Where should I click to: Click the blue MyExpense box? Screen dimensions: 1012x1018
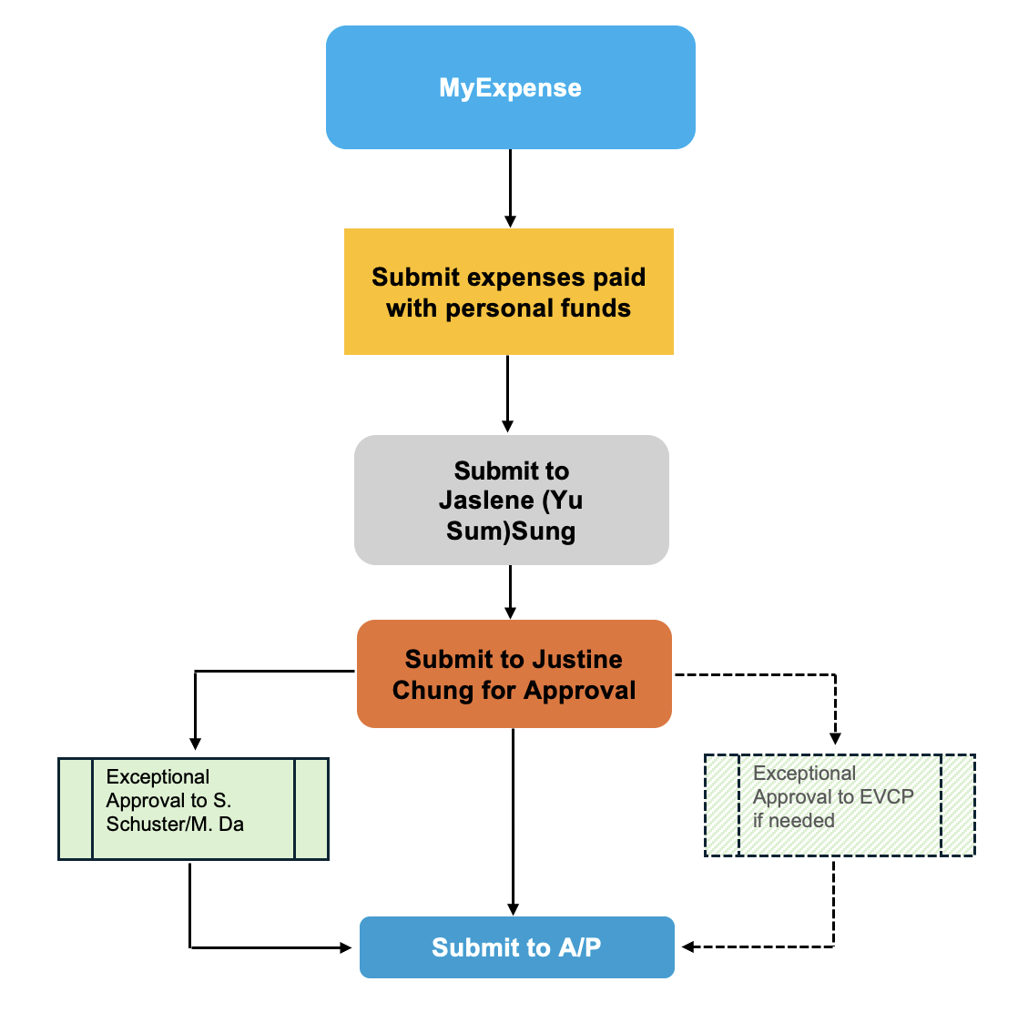pos(510,87)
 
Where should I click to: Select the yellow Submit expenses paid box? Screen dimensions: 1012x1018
pos(508,291)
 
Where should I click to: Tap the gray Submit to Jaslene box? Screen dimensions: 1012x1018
pos(511,500)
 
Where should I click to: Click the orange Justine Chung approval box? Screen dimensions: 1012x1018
pos(514,673)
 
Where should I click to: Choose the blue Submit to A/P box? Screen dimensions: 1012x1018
pos(516,947)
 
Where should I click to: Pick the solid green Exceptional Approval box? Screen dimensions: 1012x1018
pos(193,808)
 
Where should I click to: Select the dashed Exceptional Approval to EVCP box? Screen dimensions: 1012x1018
pos(839,805)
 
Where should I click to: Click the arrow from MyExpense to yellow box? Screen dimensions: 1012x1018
pos(510,187)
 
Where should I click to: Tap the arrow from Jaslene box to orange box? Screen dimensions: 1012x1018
pos(510,592)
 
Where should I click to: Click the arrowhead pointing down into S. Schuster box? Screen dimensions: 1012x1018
pos(194,742)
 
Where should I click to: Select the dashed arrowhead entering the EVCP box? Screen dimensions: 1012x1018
pos(835,738)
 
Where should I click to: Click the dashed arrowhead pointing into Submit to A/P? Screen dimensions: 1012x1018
pos(689,947)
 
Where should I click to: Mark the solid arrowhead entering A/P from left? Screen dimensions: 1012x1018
pos(345,947)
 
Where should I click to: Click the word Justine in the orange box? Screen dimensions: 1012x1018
pos(578,659)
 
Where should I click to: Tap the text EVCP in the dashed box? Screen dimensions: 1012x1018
pos(888,796)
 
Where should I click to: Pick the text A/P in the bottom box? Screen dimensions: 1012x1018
pos(579,947)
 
